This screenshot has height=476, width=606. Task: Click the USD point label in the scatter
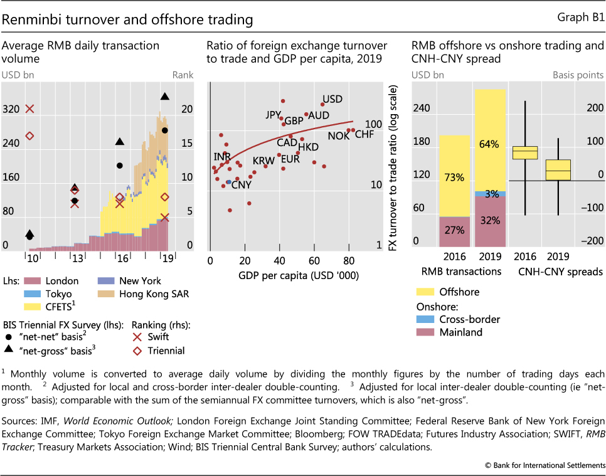[332, 100]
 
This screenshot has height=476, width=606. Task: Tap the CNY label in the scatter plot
[241, 184]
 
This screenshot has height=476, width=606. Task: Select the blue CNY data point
[229, 182]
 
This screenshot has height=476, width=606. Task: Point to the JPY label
[274, 115]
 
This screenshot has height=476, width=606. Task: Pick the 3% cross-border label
[491, 194]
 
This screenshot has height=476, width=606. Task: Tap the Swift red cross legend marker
[137, 338]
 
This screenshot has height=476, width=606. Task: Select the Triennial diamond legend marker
[137, 351]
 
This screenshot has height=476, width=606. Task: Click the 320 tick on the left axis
[11, 109]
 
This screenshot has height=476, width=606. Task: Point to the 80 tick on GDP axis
[348, 260]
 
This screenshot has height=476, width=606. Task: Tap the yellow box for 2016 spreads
[524, 152]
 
